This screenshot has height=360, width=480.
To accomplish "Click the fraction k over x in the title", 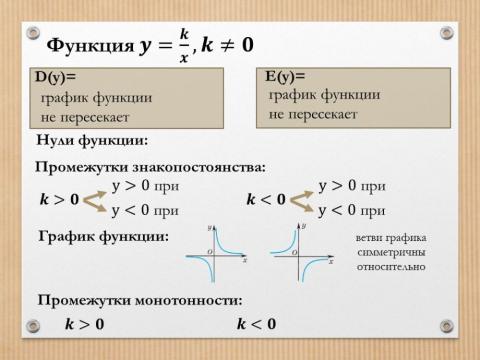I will pos(183,45).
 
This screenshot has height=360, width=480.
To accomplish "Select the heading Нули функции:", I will pos(91,140).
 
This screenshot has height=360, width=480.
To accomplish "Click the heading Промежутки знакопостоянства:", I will pos(150,166).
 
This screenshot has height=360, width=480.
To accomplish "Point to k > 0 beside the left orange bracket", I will pos(59,199).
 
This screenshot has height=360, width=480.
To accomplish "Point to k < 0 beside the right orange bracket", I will pos(265,199).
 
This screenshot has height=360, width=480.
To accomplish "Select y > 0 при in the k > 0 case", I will pos(145,187).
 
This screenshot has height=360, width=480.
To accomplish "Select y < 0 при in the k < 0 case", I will pos(351,210).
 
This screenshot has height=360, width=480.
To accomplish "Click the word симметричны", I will pos(391,253).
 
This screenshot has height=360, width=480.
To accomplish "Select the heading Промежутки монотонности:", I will pos(140,300).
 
